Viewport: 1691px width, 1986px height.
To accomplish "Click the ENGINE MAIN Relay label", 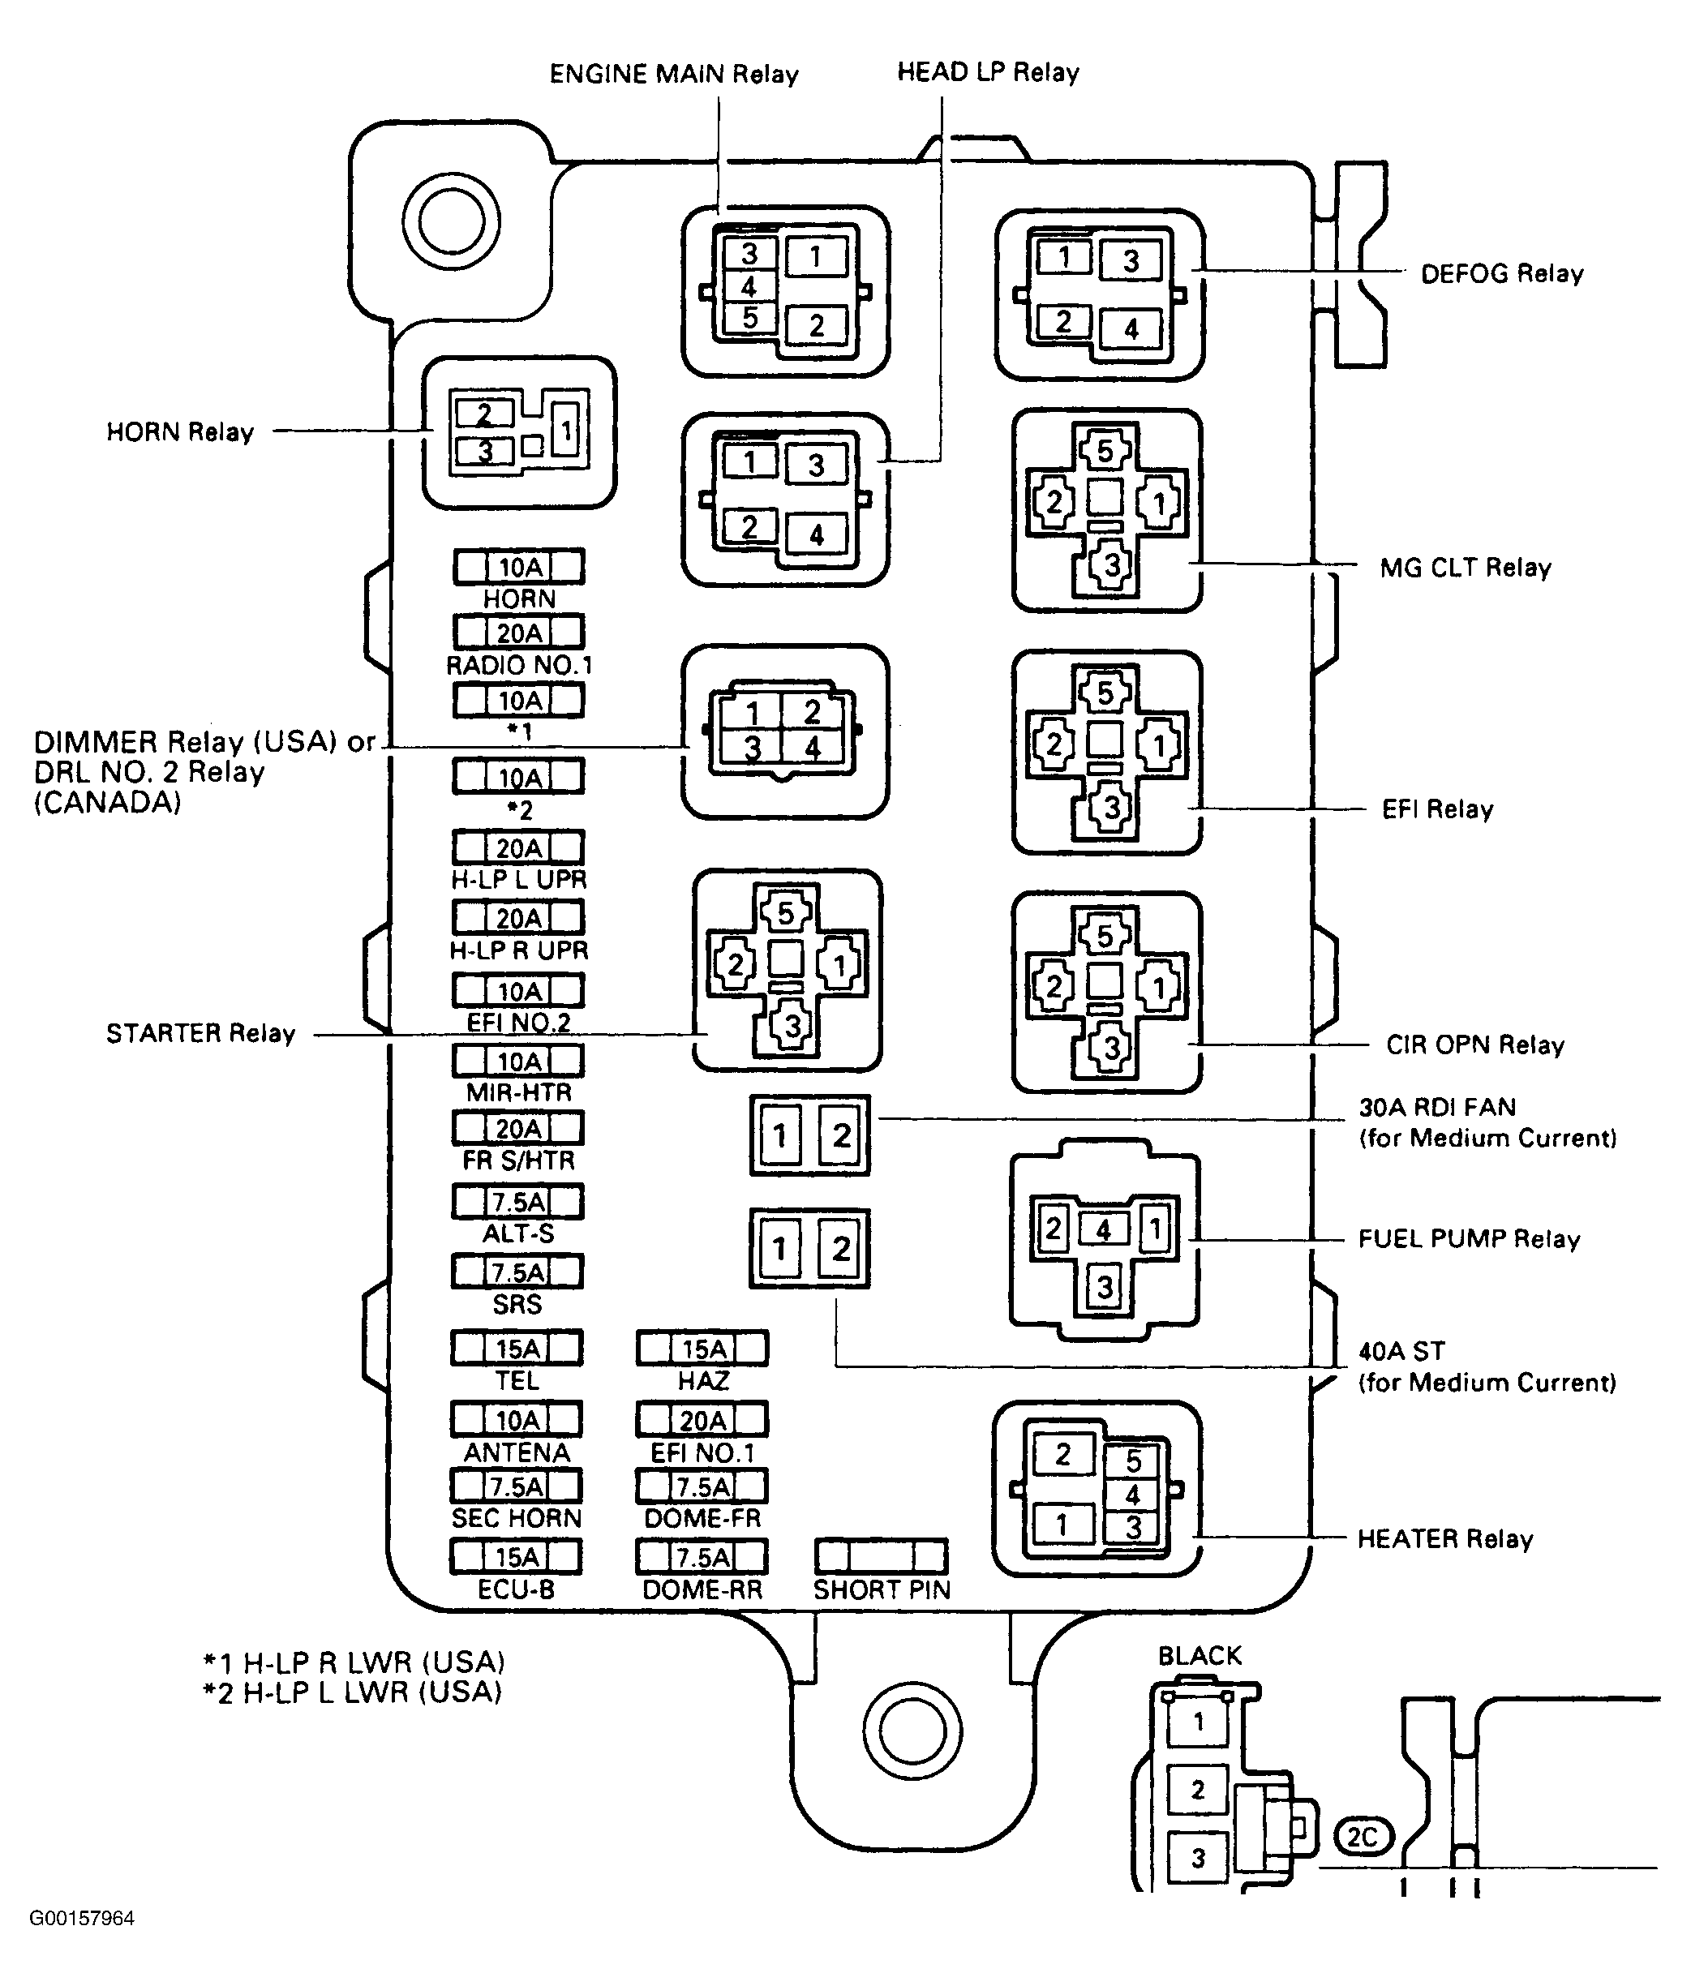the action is (674, 74).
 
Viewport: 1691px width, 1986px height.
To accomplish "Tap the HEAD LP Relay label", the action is (989, 72).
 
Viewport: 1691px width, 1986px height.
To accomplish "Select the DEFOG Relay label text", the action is (1502, 274).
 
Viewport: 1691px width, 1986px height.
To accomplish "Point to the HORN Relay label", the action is (180, 432).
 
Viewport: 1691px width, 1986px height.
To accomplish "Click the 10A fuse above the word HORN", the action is (518, 567).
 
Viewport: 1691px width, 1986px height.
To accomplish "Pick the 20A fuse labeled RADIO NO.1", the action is (518, 633).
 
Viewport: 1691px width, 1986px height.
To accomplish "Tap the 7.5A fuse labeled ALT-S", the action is (517, 1202).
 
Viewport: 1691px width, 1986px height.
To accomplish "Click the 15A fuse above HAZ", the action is (702, 1349).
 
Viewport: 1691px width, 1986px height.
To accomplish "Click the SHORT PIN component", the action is (881, 1555).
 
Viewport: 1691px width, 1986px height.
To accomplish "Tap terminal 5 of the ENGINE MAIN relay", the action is (749, 317).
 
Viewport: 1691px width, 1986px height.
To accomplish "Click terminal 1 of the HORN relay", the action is (567, 431).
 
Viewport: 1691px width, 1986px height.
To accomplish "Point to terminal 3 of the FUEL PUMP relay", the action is (1105, 1286).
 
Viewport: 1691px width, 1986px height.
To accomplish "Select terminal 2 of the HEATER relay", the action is (1063, 1455).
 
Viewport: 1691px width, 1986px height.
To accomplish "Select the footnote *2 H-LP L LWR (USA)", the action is (353, 1692).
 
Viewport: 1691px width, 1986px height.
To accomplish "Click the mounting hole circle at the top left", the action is (452, 221).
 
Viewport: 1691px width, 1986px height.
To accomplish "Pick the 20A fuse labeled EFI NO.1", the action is (702, 1419).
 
